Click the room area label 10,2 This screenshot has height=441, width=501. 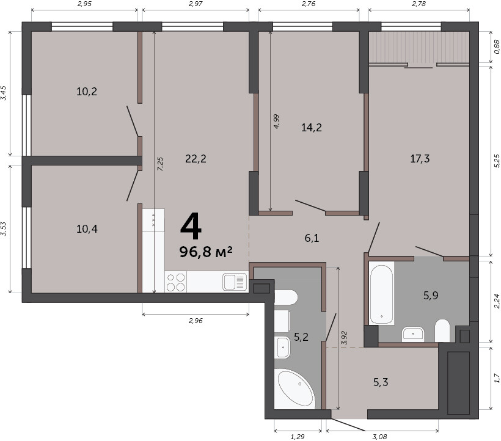click(x=87, y=92)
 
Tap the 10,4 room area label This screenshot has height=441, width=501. click(x=87, y=228)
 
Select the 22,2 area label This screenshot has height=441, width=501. click(x=196, y=158)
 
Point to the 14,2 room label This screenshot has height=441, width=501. click(x=312, y=128)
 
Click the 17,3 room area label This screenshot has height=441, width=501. click(x=420, y=158)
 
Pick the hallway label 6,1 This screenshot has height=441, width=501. click(x=312, y=238)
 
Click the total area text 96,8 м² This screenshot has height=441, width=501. click(x=206, y=252)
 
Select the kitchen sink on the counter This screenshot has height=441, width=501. click(x=235, y=282)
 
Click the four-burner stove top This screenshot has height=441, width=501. click(x=176, y=282)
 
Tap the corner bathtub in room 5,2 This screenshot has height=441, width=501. click(x=295, y=388)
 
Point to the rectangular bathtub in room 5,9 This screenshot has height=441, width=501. click(x=381, y=293)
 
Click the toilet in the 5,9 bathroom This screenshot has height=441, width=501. click(x=442, y=330)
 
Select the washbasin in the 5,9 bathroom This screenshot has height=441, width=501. click(x=413, y=334)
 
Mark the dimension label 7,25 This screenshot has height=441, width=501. click(x=161, y=164)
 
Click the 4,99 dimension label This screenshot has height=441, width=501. click(x=276, y=122)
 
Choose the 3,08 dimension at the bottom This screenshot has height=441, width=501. click(x=380, y=437)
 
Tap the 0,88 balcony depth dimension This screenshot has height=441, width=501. click(x=497, y=46)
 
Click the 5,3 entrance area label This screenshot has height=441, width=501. click(x=381, y=382)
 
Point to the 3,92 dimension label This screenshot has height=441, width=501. click(x=344, y=338)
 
